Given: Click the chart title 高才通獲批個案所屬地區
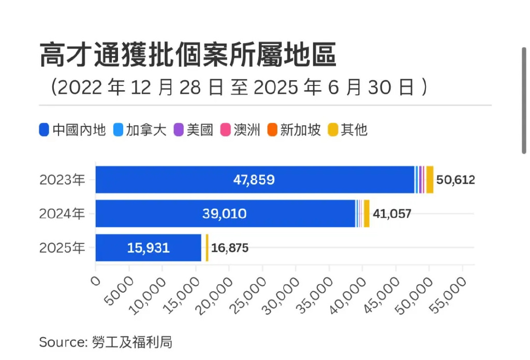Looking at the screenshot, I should click(187, 55).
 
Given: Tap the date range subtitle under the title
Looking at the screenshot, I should click(239, 87).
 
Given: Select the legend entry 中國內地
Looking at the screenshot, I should click(72, 129).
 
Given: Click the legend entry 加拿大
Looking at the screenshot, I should click(140, 129).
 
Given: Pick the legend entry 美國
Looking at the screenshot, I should click(194, 129).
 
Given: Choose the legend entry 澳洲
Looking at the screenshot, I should click(240, 129).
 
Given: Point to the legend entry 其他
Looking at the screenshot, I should click(348, 129).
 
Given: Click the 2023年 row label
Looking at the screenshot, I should click(62, 180).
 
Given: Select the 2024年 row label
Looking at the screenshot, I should click(62, 213).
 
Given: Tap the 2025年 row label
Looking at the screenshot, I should click(62, 248).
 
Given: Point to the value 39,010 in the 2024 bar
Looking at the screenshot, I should click(225, 213).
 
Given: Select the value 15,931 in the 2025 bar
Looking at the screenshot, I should click(148, 248).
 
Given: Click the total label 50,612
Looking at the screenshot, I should click(455, 180).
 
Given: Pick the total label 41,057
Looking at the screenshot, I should click(392, 213).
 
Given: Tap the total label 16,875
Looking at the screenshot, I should click(230, 248).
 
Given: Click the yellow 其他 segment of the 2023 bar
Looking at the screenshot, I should click(430, 180).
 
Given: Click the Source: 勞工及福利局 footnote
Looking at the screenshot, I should click(106, 342).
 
